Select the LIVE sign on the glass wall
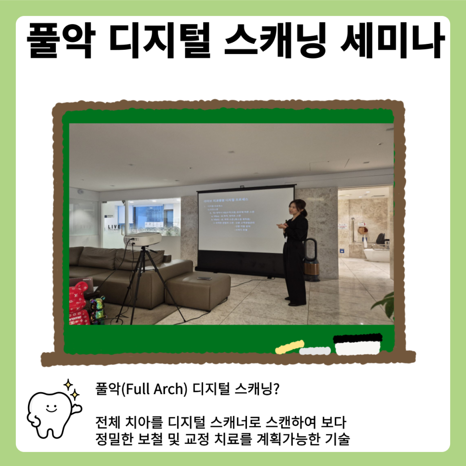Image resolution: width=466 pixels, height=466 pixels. (115, 226)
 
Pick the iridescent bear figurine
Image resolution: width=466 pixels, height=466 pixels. (97, 309)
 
